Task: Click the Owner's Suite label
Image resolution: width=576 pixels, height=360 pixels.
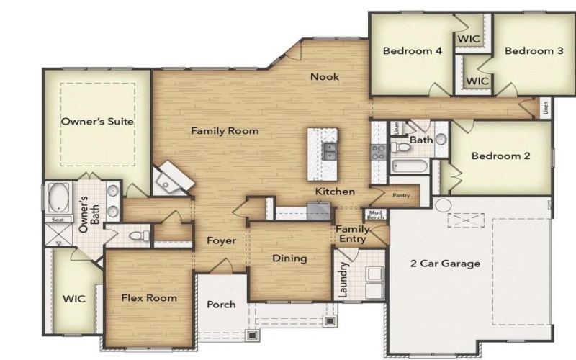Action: click(x=97, y=122)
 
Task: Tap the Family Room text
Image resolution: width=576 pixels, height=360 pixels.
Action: click(x=224, y=131)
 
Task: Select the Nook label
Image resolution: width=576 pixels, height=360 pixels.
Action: click(x=324, y=77)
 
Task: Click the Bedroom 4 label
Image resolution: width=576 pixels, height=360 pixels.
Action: click(x=407, y=51)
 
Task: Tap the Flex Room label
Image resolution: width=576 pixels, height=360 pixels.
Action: click(x=148, y=297)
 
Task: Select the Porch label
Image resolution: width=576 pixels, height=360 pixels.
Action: click(x=221, y=305)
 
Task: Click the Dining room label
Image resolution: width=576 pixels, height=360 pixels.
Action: click(x=289, y=258)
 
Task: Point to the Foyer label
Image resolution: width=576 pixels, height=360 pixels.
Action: click(x=221, y=240)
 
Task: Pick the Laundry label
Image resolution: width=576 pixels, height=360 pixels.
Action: click(x=343, y=279)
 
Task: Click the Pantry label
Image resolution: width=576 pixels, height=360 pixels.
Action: click(x=401, y=195)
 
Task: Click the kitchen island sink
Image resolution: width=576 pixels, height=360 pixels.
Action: click(x=329, y=151)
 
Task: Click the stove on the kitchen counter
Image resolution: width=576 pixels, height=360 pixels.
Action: click(x=379, y=152)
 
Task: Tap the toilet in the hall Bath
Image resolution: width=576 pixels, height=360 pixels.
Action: click(x=404, y=147)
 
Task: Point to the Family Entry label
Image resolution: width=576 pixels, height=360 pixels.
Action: click(x=353, y=234)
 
